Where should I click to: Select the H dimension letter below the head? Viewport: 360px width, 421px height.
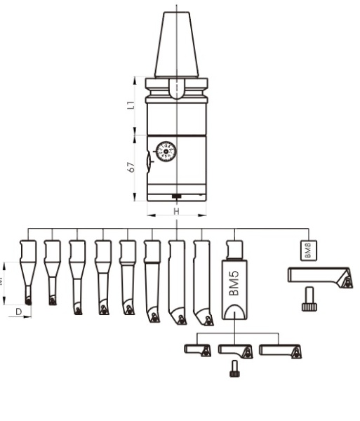click(176, 211)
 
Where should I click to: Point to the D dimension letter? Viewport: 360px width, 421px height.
click(19, 309)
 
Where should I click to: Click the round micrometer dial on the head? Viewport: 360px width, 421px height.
click(166, 152)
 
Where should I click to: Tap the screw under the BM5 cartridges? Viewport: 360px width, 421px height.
click(234, 368)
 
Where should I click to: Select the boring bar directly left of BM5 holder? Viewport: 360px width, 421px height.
click(202, 281)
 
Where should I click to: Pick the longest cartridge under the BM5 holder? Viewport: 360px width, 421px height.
click(280, 349)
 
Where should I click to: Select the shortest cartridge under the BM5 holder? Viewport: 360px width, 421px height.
click(197, 349)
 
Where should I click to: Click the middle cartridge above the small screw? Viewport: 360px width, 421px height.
click(235, 349)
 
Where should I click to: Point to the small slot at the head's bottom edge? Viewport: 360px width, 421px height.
click(177, 196)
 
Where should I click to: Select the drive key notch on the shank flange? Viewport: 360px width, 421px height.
click(177, 89)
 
